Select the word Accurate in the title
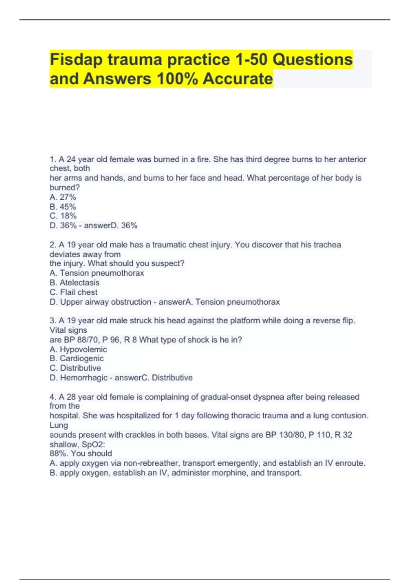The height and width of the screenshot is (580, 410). coord(238,79)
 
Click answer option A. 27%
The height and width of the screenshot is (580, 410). coord(63,197)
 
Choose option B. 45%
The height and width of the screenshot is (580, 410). coord(63,207)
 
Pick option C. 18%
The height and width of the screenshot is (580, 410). coord(63,216)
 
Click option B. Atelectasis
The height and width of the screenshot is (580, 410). coord(74,283)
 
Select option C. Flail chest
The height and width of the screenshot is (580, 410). coord(73,292)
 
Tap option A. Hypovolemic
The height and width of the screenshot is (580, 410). coord(78,349)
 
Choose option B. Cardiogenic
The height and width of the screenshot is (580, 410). coord(77,359)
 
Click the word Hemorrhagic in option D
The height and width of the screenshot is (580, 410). coord(84,378)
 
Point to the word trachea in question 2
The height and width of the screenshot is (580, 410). coord(328,245)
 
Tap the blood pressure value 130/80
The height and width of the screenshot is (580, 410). coord(292,435)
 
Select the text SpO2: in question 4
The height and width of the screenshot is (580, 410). coord(94,445)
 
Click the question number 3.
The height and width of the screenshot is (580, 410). coord(53,321)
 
